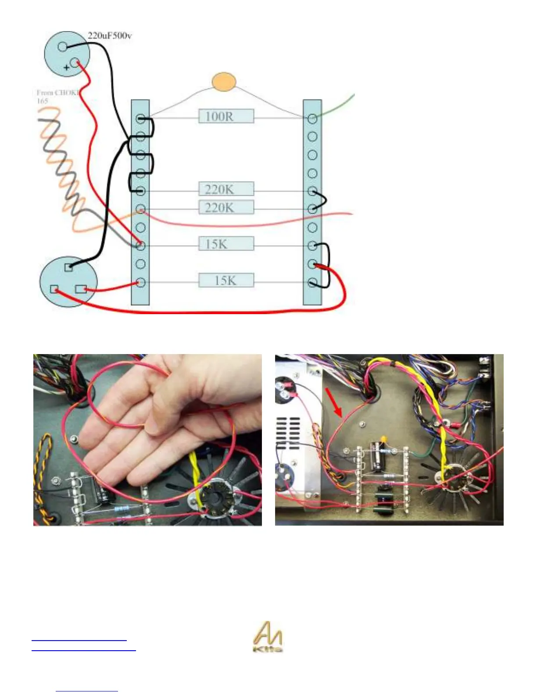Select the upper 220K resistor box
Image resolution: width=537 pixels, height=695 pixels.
coord(226,189)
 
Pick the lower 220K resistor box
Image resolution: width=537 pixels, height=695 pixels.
coord(226,207)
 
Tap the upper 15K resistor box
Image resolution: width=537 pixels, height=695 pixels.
coord(226,244)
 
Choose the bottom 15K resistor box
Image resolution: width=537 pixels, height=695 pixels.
coord(226,280)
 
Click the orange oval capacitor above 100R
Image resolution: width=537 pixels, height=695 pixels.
coord(224,82)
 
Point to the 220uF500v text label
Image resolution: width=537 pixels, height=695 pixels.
coord(109,36)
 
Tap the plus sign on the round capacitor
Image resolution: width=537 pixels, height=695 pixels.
coord(66,68)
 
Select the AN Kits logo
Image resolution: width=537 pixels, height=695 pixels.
coord(268,637)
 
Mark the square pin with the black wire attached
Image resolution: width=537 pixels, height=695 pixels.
coord(68,267)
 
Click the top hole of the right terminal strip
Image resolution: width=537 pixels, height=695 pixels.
coord(312,118)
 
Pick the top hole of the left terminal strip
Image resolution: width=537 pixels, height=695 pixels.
coord(140,118)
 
